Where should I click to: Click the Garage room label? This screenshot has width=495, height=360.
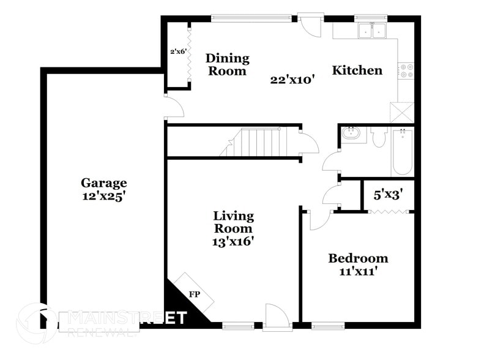click(x=103, y=182)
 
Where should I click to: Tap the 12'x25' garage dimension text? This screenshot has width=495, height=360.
click(x=103, y=197)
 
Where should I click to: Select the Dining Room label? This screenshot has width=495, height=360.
click(x=227, y=64)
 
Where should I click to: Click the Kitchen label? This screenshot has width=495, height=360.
click(x=357, y=70)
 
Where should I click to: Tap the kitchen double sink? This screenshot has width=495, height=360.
click(x=371, y=29)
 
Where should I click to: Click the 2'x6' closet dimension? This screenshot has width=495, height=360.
click(x=177, y=51)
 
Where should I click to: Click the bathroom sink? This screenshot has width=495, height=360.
click(x=351, y=133)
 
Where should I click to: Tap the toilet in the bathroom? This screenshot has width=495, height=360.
click(x=378, y=137)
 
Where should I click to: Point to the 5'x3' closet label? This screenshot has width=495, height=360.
click(x=388, y=196)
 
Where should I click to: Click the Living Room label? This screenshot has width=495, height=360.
click(x=233, y=222)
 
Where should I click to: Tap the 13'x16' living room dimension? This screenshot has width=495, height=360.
click(x=233, y=241)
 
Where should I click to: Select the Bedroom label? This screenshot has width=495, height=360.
click(x=358, y=258)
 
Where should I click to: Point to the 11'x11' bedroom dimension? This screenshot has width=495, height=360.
click(x=358, y=272)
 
